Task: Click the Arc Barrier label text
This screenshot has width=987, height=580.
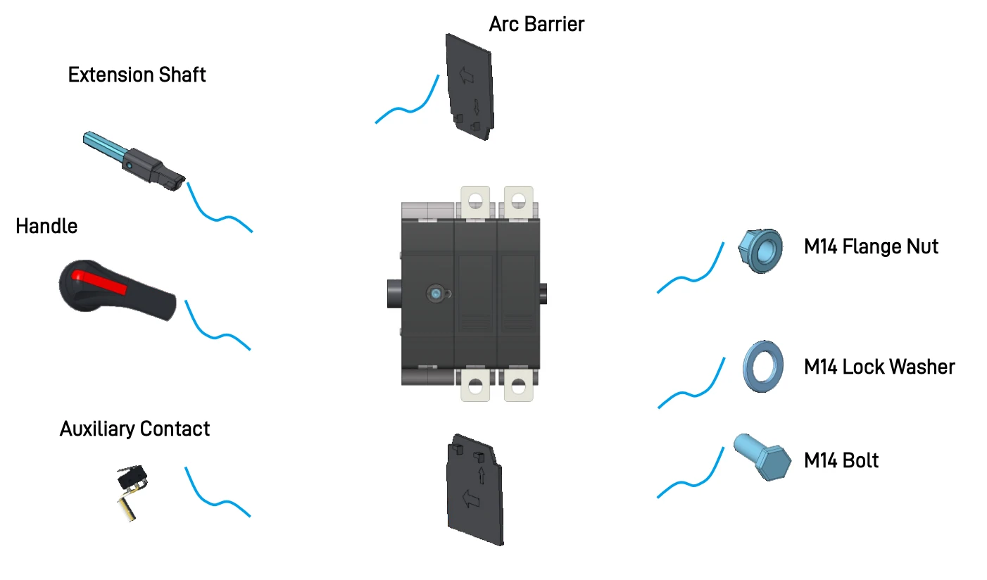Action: tap(536, 24)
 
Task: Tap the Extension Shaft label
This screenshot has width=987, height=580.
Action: tap(137, 75)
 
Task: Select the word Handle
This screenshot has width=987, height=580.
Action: tap(46, 227)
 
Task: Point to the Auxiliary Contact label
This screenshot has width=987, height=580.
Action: tap(134, 429)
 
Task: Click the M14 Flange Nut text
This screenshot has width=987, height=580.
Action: tap(871, 246)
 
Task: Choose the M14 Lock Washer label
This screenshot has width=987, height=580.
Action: tap(879, 367)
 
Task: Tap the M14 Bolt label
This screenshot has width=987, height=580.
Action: tap(841, 460)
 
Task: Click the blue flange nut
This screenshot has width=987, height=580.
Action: tap(761, 251)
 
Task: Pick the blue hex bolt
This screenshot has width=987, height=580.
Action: tap(762, 457)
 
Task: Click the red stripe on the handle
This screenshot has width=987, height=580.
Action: tap(99, 282)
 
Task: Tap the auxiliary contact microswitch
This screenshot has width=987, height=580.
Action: tap(132, 491)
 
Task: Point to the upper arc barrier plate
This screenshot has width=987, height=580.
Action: tap(470, 87)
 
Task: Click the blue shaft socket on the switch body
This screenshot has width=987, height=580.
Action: tap(436, 294)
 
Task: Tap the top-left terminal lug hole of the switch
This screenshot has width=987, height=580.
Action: tap(475, 202)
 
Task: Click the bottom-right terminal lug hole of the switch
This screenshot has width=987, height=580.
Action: tap(518, 386)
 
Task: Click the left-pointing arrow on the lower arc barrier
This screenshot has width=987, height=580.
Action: tap(470, 499)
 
